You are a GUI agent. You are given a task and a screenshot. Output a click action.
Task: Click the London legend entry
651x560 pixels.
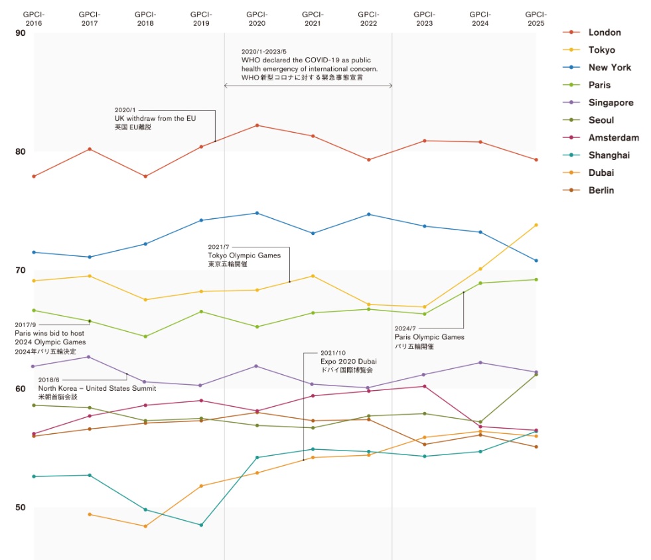[604, 33]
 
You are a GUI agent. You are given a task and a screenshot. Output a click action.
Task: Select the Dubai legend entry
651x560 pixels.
[600, 173]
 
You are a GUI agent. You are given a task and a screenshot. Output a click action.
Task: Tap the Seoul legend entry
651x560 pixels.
[601, 120]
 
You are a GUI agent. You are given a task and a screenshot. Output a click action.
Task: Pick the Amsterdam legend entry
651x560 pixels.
[613, 138]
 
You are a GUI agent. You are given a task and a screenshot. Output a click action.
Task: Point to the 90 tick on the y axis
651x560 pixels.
[20, 33]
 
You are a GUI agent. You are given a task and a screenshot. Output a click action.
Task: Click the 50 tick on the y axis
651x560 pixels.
[20, 508]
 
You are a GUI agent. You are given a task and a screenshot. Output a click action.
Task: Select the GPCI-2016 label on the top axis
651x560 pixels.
[34, 19]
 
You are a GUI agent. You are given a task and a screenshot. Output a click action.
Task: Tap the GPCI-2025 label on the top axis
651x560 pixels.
[535, 19]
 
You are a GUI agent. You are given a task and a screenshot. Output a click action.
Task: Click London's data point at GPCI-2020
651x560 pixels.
[257, 125]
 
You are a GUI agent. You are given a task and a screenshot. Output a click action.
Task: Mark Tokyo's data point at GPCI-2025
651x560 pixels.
[536, 225]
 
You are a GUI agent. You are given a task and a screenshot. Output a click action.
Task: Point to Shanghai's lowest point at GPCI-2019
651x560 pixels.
[201, 525]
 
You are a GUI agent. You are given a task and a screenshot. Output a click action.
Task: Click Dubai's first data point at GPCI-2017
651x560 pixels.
[90, 514]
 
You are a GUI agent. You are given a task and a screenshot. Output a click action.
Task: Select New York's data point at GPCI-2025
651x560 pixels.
[536, 260]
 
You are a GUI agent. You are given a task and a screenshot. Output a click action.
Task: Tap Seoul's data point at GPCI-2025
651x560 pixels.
[536, 374]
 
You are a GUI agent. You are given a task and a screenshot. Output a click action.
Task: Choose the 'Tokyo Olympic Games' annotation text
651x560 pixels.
[244, 255]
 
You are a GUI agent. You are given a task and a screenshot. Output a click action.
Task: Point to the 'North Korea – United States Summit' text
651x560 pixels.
[97, 389]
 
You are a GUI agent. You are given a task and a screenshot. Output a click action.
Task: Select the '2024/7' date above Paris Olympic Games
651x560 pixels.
[405, 328]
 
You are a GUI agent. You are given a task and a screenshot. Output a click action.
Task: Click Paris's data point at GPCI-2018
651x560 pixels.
[145, 336]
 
